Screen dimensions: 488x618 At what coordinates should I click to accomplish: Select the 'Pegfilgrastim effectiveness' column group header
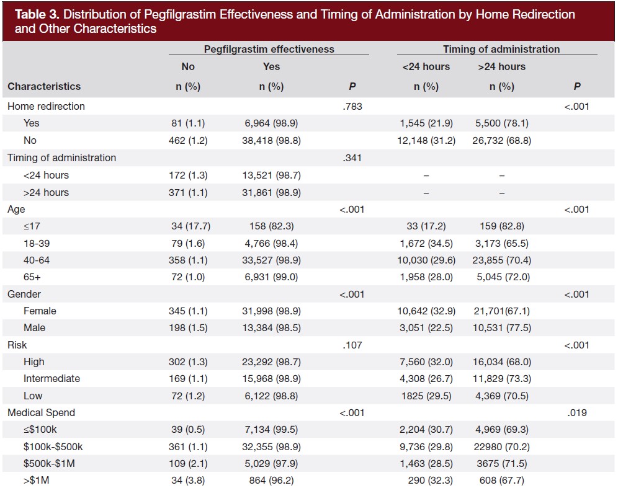coord(269,49)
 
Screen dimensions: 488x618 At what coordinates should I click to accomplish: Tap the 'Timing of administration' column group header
coord(501,49)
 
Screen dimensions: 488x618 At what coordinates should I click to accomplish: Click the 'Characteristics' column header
coord(44,86)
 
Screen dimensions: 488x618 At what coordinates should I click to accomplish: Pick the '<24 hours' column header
coord(426,66)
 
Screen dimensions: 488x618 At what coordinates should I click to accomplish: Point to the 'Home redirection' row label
coord(46,106)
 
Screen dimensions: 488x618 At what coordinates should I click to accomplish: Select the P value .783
coord(352,106)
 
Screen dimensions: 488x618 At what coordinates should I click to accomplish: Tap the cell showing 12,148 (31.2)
coord(426,141)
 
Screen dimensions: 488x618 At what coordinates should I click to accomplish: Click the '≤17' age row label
coord(32,226)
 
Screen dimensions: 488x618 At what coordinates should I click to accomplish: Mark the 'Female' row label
coord(40,311)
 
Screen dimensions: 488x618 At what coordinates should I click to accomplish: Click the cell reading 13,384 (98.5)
coord(271,327)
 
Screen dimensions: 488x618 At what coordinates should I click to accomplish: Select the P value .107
coord(352,345)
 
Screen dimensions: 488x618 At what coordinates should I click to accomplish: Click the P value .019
coord(576,412)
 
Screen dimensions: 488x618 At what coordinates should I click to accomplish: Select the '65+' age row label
coord(32,277)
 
